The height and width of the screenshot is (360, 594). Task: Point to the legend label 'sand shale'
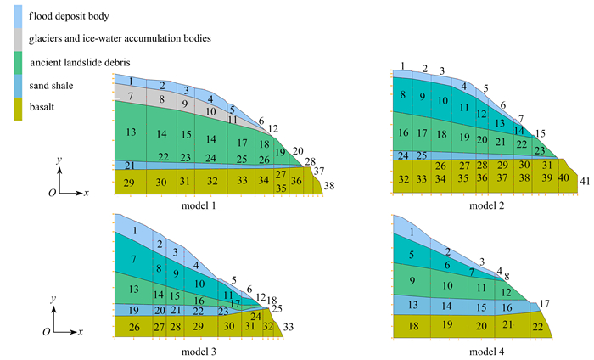[50, 84]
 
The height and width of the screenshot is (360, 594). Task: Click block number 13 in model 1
[131, 132]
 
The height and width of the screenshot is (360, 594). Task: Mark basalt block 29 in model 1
[129, 183]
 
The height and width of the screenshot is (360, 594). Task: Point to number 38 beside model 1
[329, 185]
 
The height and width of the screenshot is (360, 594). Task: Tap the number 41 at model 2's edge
[584, 182]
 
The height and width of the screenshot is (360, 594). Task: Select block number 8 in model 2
[403, 95]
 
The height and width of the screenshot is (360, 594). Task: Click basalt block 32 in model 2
[403, 178]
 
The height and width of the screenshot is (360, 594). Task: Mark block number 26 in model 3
[133, 327]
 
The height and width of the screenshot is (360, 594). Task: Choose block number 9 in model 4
[412, 280]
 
